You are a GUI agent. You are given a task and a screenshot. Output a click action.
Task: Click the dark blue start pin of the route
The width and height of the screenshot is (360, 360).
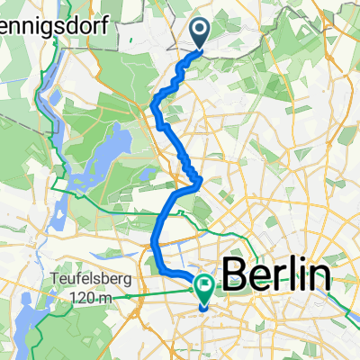pyautogui.click(x=199, y=33)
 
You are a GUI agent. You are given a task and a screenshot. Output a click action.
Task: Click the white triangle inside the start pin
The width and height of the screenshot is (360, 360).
pyautogui.click(x=199, y=31)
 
